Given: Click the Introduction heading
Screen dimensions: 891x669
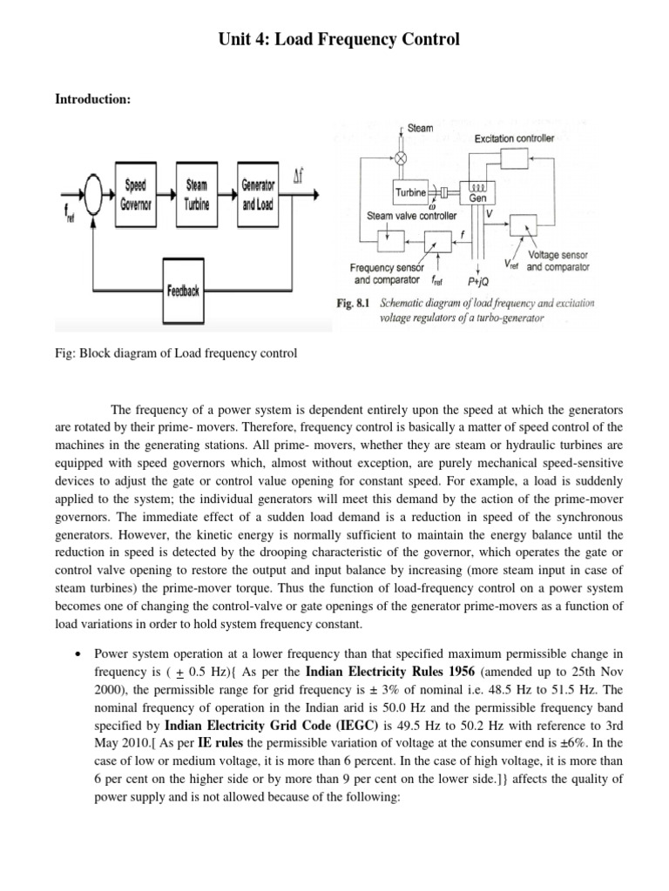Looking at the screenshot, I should point(92,100).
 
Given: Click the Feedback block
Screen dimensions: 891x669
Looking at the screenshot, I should point(183,291).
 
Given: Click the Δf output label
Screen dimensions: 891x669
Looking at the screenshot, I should point(298,177).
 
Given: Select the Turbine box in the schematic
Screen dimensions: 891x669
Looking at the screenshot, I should point(409,192).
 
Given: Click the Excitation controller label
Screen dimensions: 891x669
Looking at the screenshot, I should point(514,138).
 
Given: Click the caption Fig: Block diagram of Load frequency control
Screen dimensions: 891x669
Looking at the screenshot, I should point(176,353).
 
